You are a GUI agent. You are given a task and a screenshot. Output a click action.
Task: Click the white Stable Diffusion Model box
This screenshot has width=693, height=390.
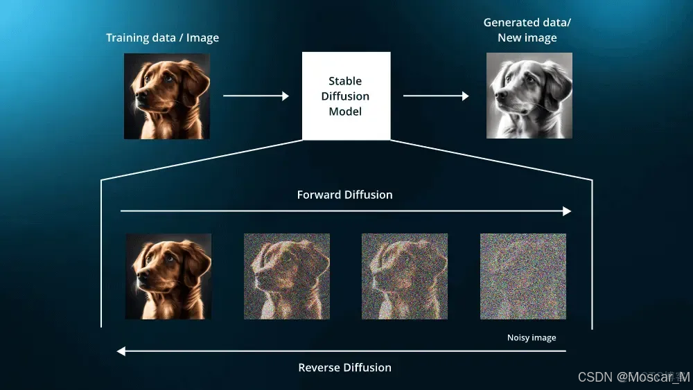[x=346, y=96]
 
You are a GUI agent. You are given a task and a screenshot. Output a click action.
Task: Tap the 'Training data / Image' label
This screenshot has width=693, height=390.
[x=162, y=37]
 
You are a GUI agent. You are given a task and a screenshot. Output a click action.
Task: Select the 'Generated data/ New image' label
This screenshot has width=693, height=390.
[x=527, y=30]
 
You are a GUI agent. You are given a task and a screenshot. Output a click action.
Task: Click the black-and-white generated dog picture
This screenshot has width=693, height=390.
[x=529, y=96]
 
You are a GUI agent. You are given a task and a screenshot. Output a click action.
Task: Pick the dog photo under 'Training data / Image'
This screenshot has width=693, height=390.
[x=167, y=96]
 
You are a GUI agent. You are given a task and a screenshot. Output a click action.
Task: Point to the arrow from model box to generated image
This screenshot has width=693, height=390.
[x=435, y=96]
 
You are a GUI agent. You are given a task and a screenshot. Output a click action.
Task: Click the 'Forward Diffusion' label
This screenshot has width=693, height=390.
[x=344, y=195]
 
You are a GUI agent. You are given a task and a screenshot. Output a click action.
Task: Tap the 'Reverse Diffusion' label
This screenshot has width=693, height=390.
[x=344, y=367]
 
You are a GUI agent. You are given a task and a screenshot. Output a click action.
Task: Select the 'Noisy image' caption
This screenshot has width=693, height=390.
[x=532, y=338]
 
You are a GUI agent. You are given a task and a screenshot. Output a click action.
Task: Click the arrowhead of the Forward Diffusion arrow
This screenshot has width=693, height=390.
[x=567, y=211]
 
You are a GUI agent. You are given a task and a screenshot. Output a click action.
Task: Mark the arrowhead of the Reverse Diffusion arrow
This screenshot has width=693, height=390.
[x=121, y=351]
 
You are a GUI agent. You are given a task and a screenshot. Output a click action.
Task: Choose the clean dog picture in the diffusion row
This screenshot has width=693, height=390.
[x=168, y=276]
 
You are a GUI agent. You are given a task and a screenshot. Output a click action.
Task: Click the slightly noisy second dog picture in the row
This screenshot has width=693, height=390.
[x=286, y=276]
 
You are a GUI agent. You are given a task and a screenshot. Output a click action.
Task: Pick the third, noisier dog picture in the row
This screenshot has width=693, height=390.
[x=404, y=276]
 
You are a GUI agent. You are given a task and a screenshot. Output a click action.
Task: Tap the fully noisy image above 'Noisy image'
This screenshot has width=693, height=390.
[x=523, y=276]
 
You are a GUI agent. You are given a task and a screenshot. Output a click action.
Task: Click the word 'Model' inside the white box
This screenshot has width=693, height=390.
[x=346, y=112]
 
